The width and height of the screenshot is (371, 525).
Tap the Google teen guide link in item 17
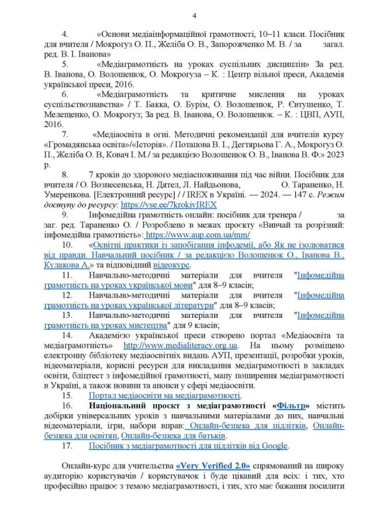coord(189,446)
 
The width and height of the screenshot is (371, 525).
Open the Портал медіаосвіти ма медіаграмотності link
coord(164,396)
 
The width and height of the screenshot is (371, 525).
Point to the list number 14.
coord(67,335)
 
